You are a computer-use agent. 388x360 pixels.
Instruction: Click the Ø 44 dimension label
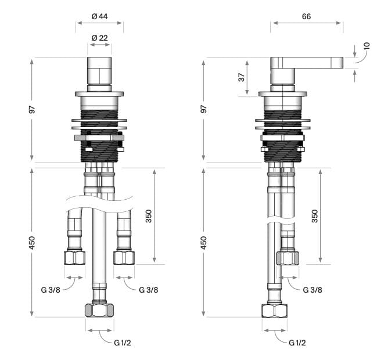click(100, 16)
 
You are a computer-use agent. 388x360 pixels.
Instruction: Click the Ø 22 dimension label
click(100, 38)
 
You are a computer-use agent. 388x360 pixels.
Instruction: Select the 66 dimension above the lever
click(306, 16)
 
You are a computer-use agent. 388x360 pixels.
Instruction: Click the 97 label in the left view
click(33, 109)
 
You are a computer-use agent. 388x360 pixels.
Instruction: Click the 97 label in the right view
click(203, 109)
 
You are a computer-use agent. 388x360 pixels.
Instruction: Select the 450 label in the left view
click(33, 242)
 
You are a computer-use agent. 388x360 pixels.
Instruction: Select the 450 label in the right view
click(203, 242)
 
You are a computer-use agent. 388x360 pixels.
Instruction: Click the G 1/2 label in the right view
click(298, 343)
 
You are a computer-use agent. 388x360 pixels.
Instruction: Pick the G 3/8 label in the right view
click(312, 289)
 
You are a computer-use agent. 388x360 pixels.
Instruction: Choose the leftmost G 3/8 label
click(51, 289)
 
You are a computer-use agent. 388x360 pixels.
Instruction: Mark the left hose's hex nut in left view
click(75, 257)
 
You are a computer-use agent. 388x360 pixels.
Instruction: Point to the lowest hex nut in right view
click(275, 310)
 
